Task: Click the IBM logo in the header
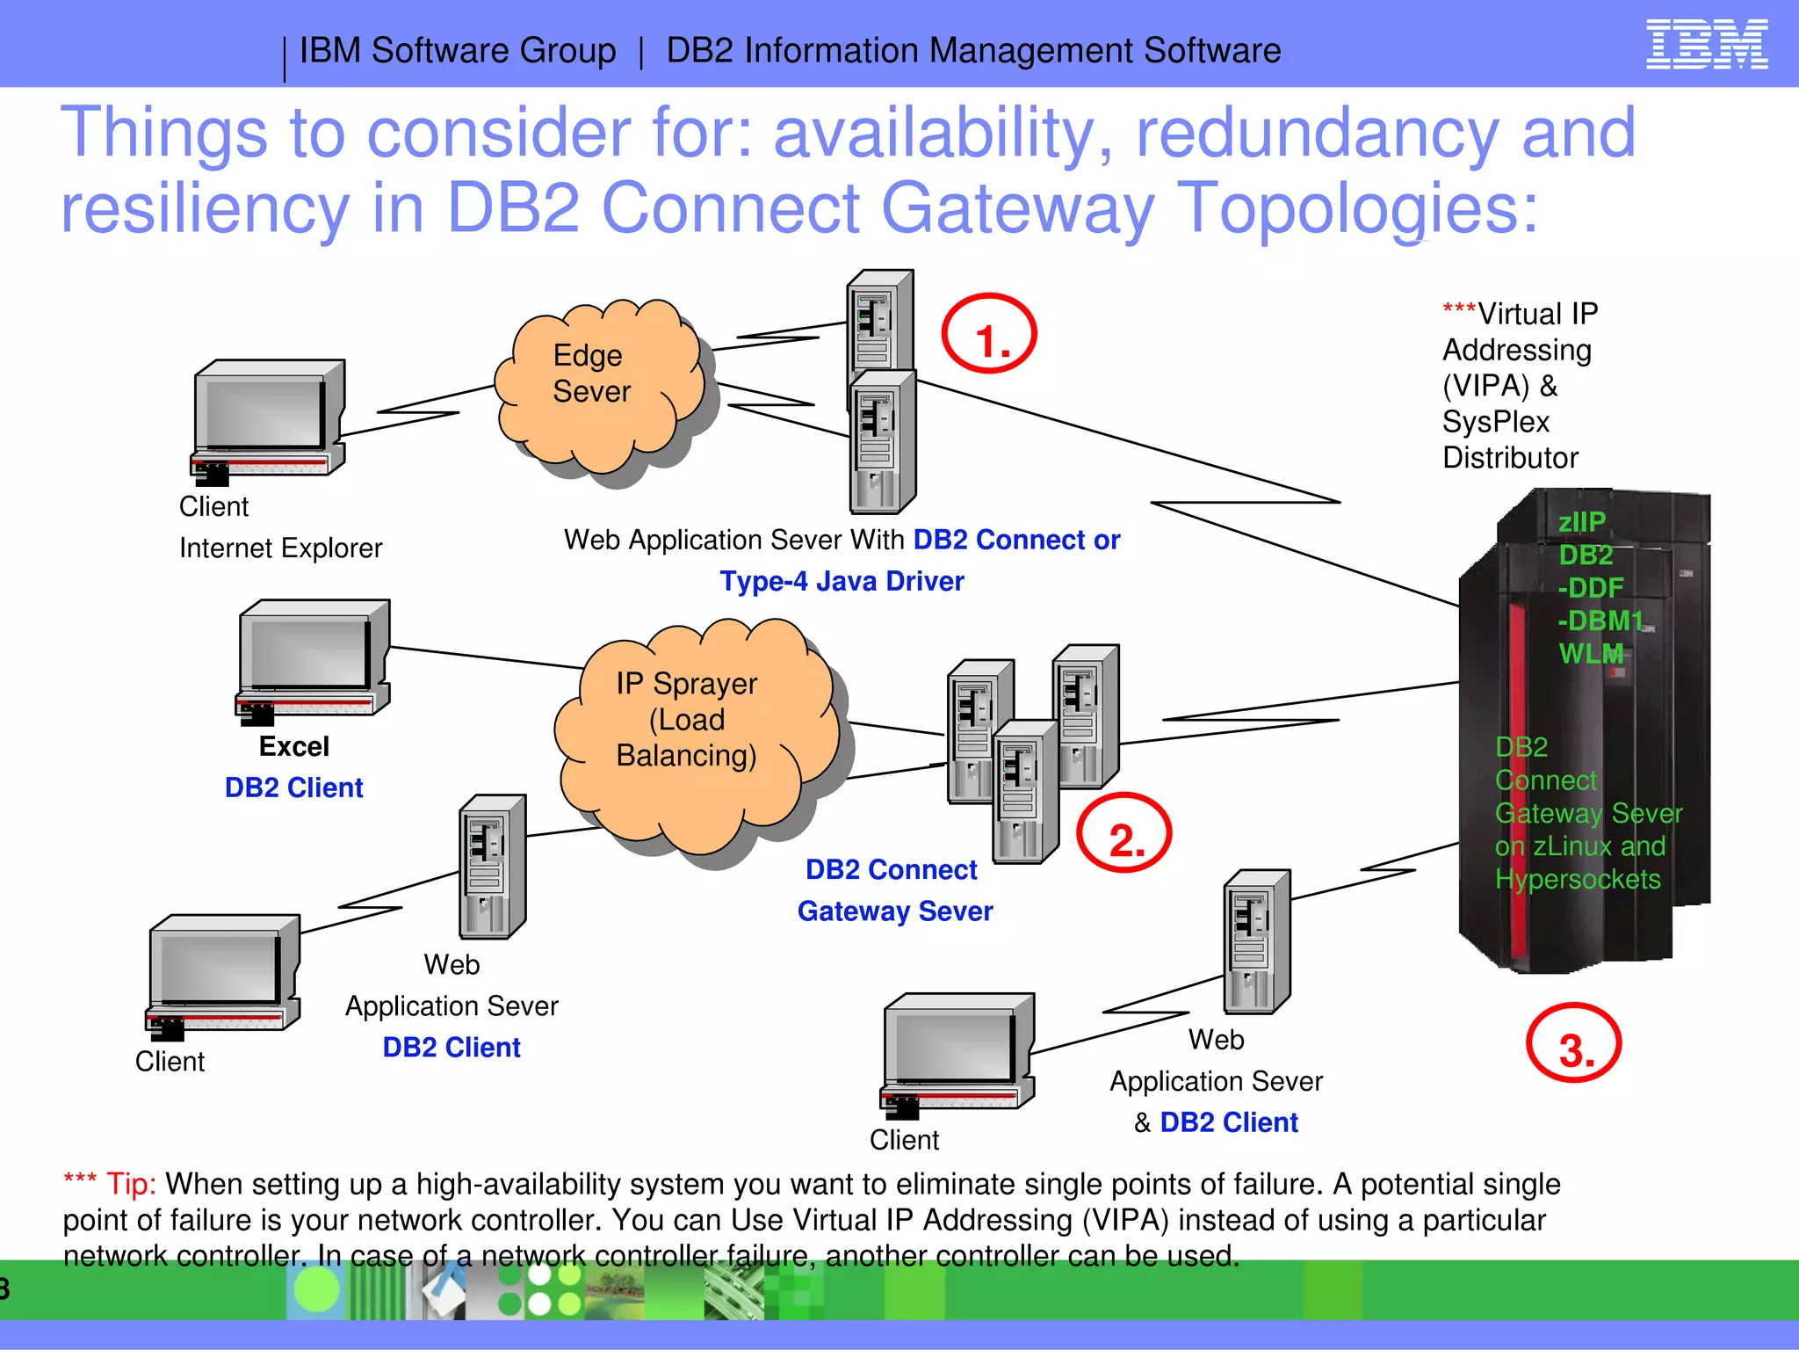click(x=1706, y=45)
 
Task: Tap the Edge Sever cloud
click(x=597, y=387)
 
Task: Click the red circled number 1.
click(x=989, y=334)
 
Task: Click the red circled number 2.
click(x=1123, y=833)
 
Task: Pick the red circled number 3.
click(x=1574, y=1043)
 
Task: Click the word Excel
click(x=293, y=746)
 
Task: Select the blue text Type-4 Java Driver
click(x=842, y=581)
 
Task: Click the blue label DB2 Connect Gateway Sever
click(x=894, y=889)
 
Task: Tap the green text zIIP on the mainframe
click(x=1581, y=521)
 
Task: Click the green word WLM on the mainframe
click(x=1590, y=653)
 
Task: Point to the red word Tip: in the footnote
click(x=131, y=1184)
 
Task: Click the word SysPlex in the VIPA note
click(x=1495, y=422)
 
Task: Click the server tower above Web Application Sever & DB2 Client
click(x=1257, y=940)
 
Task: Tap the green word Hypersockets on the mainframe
click(x=1578, y=879)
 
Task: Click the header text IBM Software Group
click(x=458, y=51)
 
